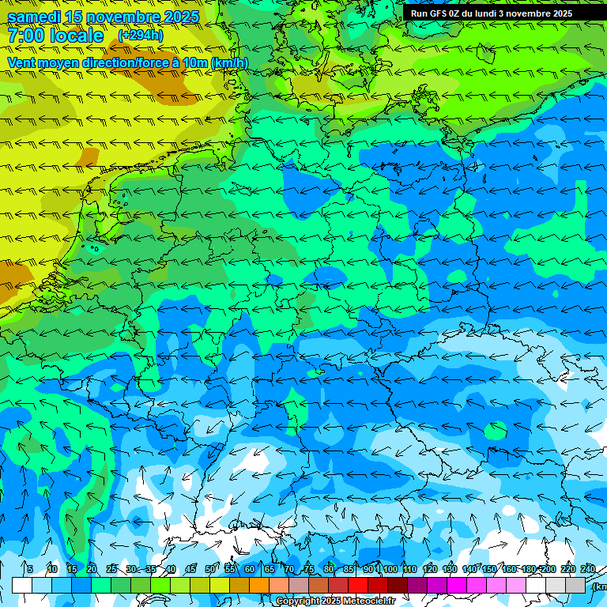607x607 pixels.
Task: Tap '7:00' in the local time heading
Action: coord(25,36)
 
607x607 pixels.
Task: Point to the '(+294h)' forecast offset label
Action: coord(140,36)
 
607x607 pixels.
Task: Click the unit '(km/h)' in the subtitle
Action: coord(229,63)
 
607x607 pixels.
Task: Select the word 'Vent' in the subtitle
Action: coord(21,63)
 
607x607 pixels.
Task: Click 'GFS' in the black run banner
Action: coord(439,13)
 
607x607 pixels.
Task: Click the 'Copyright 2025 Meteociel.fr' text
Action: coord(335,601)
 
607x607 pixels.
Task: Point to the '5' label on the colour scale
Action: coord(30,569)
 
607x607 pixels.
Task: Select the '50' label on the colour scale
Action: coord(210,569)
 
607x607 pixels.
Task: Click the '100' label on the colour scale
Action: coord(390,569)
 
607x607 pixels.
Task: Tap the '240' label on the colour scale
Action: coord(587,569)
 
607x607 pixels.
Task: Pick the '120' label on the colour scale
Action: coord(429,569)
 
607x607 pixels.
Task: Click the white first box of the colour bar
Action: coord(22,585)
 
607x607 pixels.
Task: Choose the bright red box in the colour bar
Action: coord(358,585)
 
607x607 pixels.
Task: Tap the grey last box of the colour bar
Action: coord(575,585)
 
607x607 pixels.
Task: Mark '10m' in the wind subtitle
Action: coord(194,63)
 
